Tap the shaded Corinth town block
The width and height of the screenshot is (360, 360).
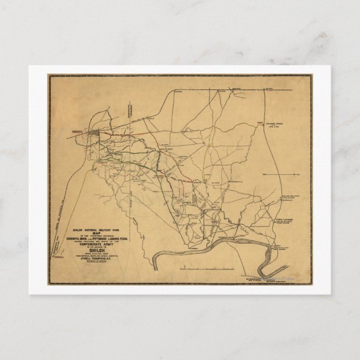96,134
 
